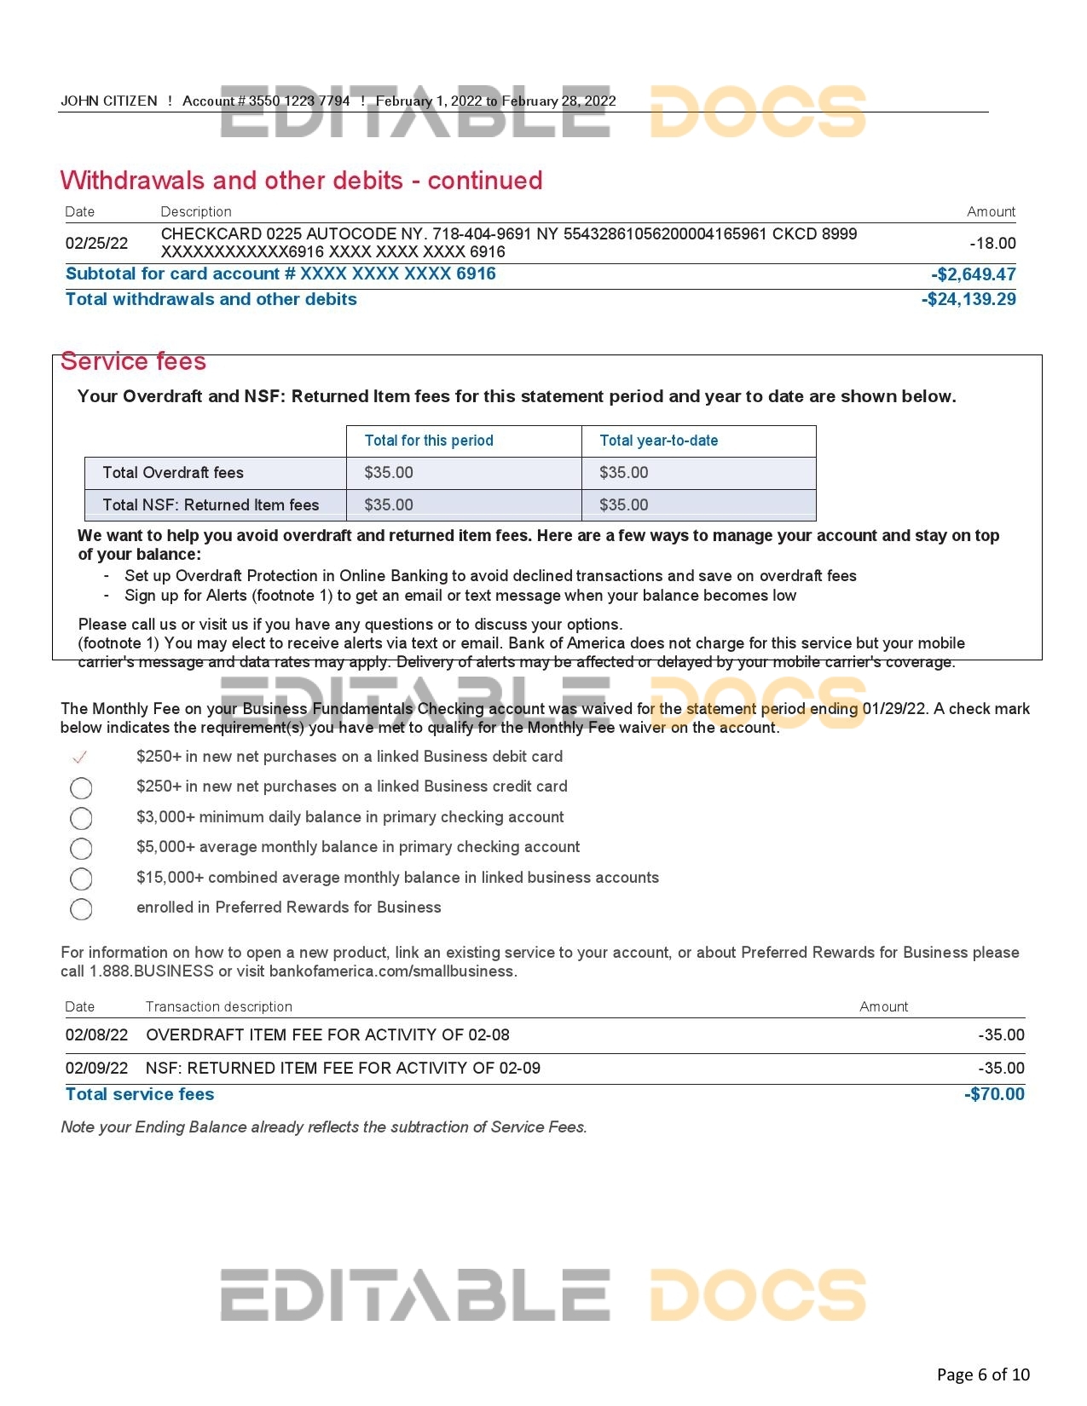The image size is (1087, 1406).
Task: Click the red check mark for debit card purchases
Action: [80, 757]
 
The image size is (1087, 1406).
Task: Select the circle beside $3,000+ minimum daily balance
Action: [81, 818]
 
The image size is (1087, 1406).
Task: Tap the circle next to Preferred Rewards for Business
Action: [81, 909]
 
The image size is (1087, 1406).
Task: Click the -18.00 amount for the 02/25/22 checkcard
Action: [992, 243]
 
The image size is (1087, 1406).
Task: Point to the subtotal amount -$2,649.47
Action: [973, 274]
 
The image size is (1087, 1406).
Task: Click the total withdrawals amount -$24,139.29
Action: [968, 299]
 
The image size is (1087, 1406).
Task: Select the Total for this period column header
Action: [429, 441]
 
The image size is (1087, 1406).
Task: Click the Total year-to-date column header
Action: [658, 441]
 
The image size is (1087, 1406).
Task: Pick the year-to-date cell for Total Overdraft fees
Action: [623, 473]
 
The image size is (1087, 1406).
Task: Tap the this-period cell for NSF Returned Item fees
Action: [389, 504]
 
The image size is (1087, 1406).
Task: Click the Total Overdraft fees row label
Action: [173, 473]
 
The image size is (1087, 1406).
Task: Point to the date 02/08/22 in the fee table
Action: [96, 1035]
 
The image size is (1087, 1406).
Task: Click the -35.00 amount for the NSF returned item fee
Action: [1001, 1069]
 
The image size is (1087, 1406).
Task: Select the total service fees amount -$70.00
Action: [994, 1095]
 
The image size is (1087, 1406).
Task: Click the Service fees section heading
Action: [133, 361]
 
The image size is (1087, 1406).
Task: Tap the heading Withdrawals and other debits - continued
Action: [301, 181]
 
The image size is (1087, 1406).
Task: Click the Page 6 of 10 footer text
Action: [983, 1374]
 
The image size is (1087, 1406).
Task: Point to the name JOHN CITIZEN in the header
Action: [109, 101]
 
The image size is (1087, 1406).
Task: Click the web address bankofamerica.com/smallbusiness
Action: [392, 971]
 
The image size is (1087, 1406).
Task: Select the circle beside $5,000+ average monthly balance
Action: [81, 849]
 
